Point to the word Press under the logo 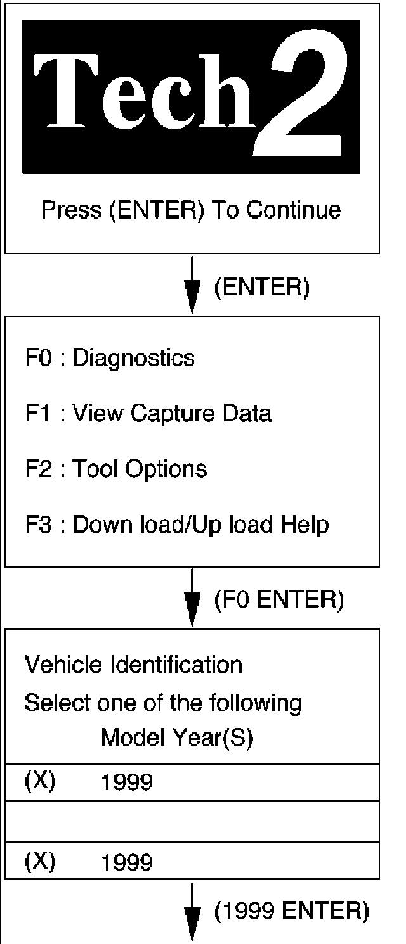click(72, 210)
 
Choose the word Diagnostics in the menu click(133, 358)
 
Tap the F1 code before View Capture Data click(36, 414)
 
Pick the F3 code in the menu click(36, 525)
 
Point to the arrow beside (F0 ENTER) click(192, 597)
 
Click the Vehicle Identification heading click(133, 665)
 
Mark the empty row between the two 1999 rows click(192, 821)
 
